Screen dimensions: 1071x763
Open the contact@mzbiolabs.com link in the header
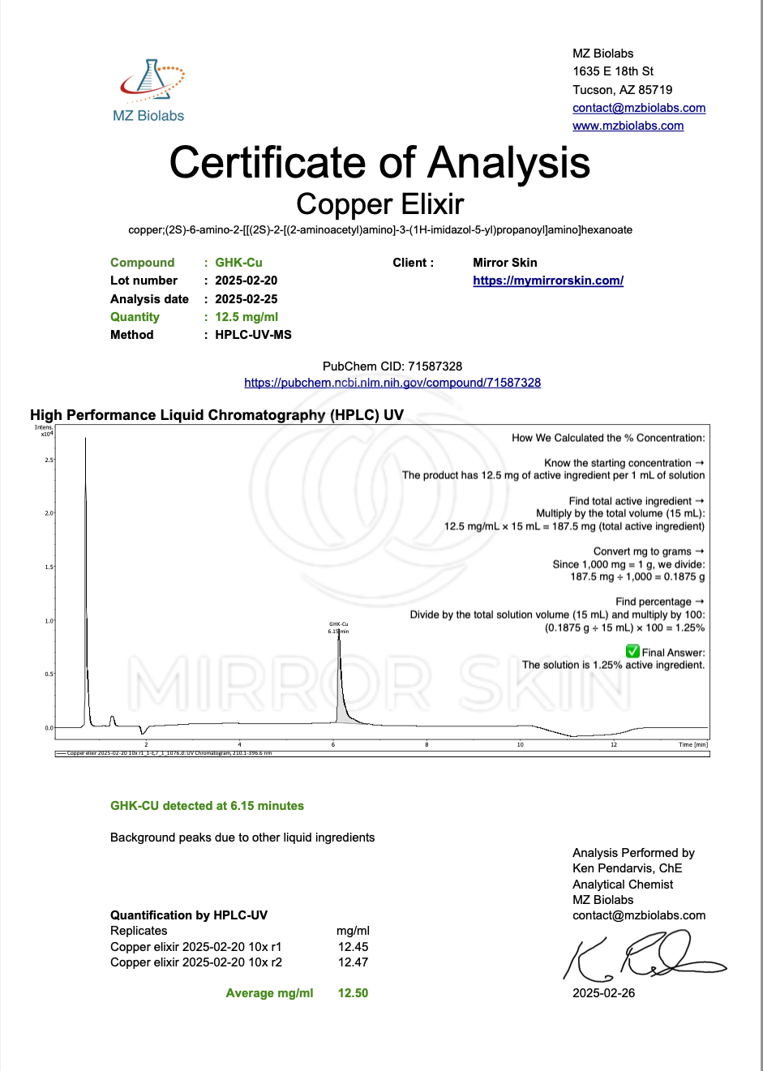(x=639, y=108)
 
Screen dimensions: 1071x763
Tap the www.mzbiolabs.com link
(x=628, y=126)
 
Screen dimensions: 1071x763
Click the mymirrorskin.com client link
(x=548, y=281)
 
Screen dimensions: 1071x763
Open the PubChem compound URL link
(x=392, y=383)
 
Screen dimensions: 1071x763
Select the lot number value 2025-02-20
(x=246, y=281)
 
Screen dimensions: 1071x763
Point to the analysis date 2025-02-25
(x=246, y=299)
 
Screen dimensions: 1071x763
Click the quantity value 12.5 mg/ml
(x=246, y=317)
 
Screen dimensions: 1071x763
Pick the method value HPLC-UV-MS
(x=253, y=335)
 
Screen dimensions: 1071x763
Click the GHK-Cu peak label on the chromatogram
(x=339, y=624)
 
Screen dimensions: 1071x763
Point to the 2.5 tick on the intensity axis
(x=49, y=460)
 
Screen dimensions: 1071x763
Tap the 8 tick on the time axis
(x=427, y=744)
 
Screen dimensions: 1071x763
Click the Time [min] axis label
(x=693, y=744)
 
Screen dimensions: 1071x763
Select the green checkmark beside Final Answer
(x=632, y=651)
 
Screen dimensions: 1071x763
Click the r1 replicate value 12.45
(x=353, y=947)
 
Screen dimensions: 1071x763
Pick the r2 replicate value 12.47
(x=353, y=962)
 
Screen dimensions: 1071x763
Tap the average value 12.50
(x=353, y=993)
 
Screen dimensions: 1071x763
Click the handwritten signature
(x=641, y=957)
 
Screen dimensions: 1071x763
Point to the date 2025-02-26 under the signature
(x=603, y=993)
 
